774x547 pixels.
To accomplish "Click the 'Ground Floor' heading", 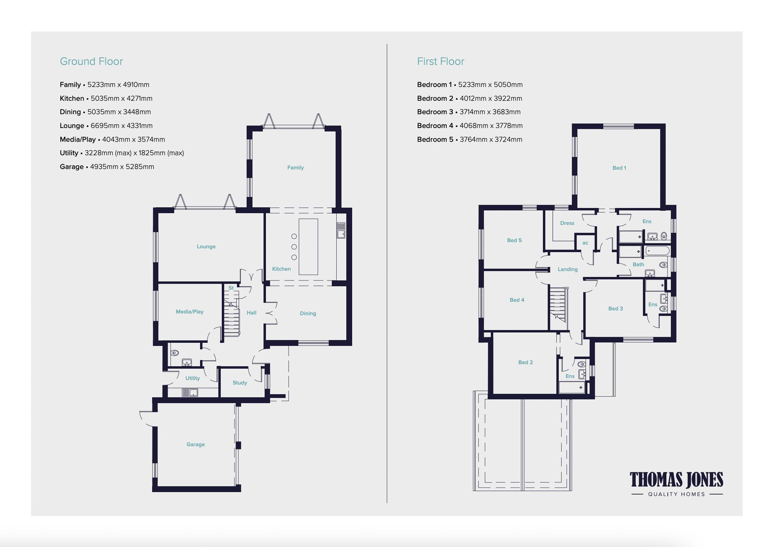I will coord(91,62).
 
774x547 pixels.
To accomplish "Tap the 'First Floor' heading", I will coord(440,62).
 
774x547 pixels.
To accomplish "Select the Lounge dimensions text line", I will coord(106,126).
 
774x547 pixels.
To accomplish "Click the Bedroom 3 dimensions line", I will coord(469,112).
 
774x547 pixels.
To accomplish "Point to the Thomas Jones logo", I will coord(676,483).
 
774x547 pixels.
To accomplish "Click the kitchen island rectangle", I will coord(308,247).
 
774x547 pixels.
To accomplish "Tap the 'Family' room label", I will coord(295,168).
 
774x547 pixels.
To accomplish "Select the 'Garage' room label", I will coord(195,444).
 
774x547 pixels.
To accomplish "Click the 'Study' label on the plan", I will coord(240,383).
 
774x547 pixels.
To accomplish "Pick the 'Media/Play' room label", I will coord(190,312).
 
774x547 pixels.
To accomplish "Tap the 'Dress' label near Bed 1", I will coord(567,223).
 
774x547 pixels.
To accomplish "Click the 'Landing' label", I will coord(567,269).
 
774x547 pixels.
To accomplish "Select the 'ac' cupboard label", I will coord(585,243).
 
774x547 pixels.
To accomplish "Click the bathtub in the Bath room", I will coord(657,251).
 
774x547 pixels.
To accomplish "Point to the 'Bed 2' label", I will coord(525,362).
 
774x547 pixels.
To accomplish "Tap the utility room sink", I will coord(190,393).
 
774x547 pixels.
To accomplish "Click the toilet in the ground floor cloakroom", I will coord(175,353).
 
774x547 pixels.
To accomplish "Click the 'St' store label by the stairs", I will coord(231,288).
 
